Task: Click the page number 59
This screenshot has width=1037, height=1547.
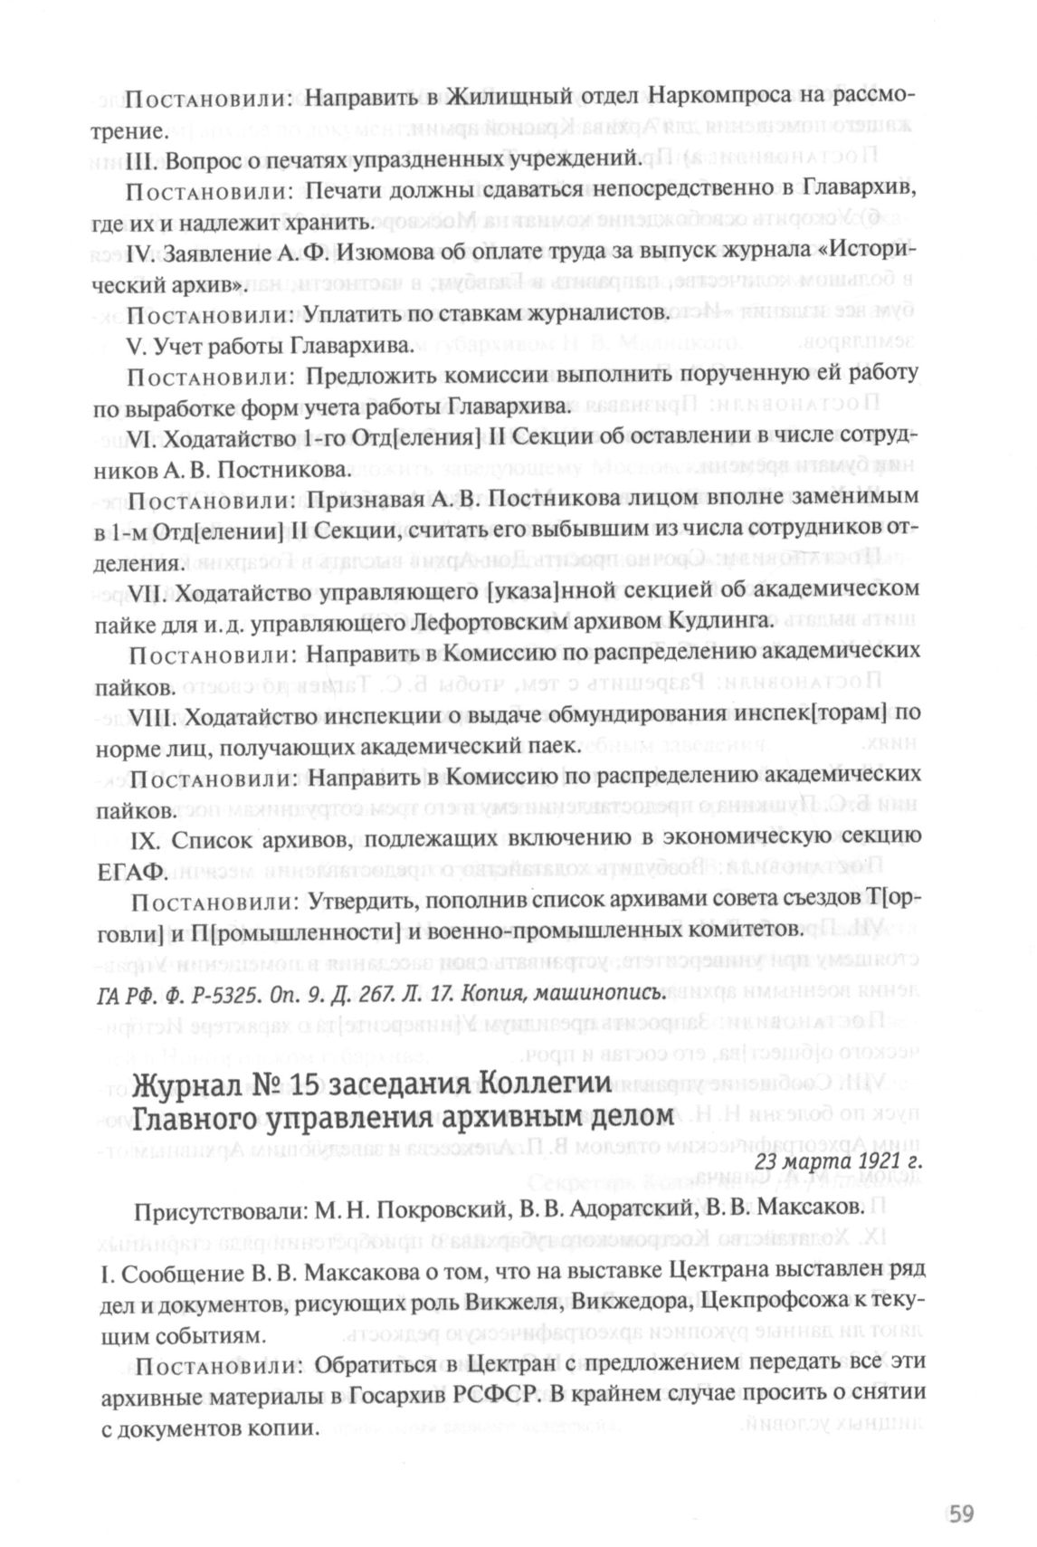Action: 959,1514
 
